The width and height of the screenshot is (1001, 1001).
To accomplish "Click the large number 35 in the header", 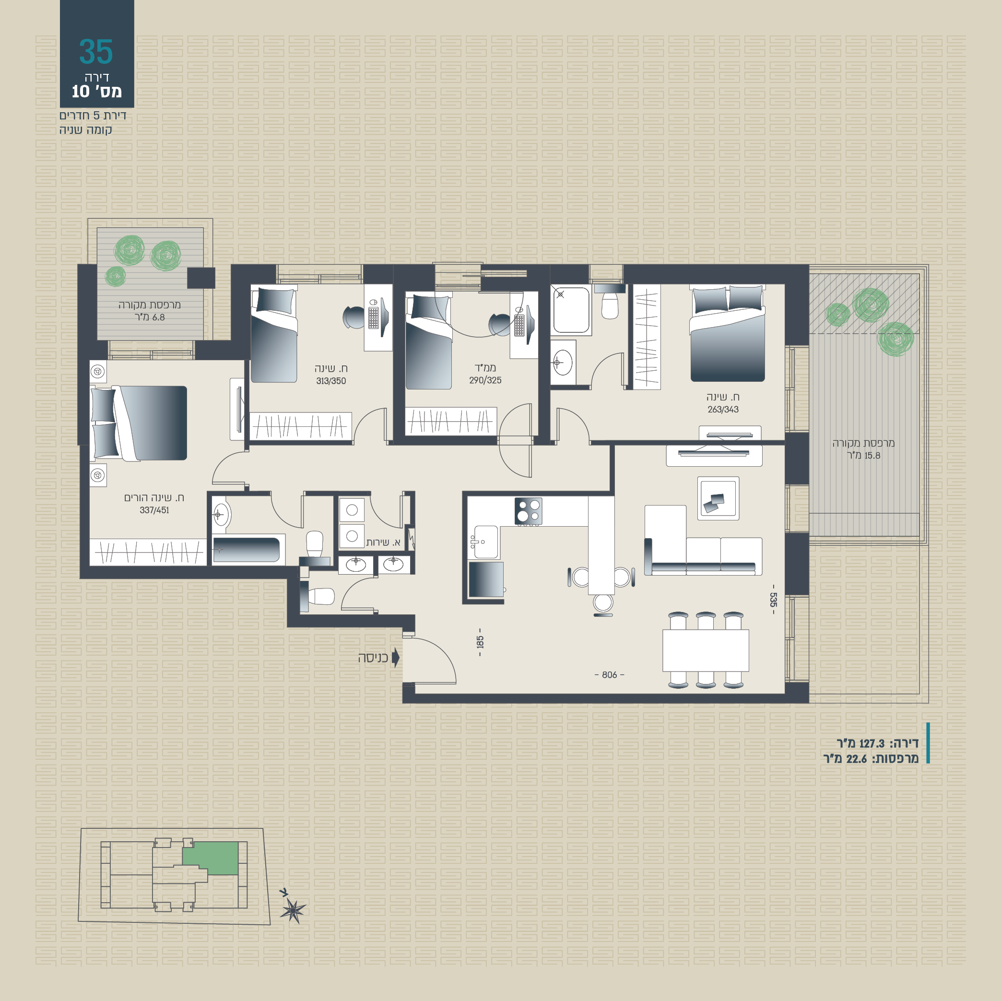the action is pyautogui.click(x=96, y=52).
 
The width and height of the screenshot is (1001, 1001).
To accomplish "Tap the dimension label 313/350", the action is pyautogui.click(x=331, y=381).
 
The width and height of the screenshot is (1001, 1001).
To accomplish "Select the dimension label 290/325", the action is pyautogui.click(x=485, y=380).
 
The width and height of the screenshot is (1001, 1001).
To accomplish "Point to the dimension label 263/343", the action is pyautogui.click(x=723, y=409).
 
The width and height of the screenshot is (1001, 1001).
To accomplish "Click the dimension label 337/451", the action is pyautogui.click(x=154, y=510).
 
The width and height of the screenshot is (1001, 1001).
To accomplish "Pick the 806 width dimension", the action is pyautogui.click(x=609, y=674).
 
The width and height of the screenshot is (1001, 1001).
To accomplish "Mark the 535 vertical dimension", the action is pyautogui.click(x=774, y=600).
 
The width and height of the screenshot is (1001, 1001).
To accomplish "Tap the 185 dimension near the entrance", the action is pyautogui.click(x=480, y=642).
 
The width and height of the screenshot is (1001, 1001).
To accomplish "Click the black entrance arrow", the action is pyautogui.click(x=395, y=658).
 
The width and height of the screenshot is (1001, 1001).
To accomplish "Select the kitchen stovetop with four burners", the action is pyautogui.click(x=529, y=511).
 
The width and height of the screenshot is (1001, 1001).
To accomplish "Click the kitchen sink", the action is pyautogui.click(x=486, y=542).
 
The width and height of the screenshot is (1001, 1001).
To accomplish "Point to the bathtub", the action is pyautogui.click(x=247, y=550).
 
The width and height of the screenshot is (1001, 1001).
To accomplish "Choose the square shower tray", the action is pyautogui.click(x=571, y=310).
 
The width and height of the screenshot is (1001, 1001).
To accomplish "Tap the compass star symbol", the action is pyautogui.click(x=293, y=910).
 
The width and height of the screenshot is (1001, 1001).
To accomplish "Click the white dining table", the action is pyautogui.click(x=706, y=650).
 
